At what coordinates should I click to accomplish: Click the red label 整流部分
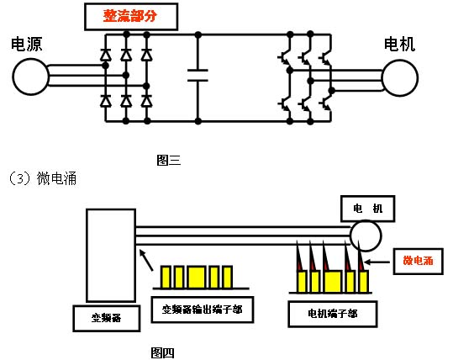pos(130,16)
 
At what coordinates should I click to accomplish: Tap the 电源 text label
pos(27,45)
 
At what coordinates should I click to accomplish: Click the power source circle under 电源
pos(30,77)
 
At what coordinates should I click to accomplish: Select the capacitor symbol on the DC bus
pos(198,75)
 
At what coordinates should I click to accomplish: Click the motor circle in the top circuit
pos(400,77)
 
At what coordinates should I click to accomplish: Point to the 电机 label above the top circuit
pos(399,45)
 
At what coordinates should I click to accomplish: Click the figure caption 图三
pos(169,160)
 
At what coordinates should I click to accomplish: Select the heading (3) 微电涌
pos(43,177)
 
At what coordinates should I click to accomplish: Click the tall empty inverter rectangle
pos(111,256)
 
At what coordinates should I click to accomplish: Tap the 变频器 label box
pos(107,318)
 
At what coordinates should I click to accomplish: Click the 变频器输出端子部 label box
pos(203,310)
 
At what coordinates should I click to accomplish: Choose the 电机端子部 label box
pos(333,314)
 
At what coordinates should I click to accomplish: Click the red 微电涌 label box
pos(418,261)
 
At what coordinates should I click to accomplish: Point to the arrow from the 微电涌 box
pos(377,262)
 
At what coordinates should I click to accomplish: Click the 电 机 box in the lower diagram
pos(368,209)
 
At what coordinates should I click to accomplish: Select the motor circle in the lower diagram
pos(366,236)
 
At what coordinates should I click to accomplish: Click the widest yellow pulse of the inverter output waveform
pos(197,278)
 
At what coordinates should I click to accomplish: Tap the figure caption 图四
pos(163,352)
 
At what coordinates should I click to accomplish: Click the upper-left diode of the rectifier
pos(105,55)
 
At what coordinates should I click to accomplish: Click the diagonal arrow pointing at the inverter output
pos(146,260)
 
